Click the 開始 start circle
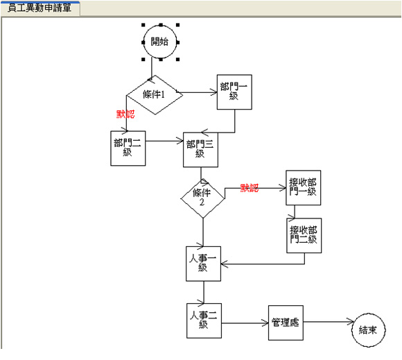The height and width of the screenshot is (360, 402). tap(160, 42)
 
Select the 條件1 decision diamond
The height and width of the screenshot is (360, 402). tap(155, 95)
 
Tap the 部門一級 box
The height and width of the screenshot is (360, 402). tap(234, 92)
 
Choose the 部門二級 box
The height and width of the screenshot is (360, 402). tap(128, 148)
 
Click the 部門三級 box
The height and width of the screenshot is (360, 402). tap(200, 150)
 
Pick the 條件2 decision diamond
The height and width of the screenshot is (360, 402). tap(202, 198)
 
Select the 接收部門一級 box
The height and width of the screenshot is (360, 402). tap(304, 187)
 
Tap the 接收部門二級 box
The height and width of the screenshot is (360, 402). tap(304, 236)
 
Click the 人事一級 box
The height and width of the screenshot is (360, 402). tap(203, 264)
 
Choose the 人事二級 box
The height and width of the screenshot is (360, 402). tap(204, 320)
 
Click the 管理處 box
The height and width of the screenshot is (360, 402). tap(286, 323)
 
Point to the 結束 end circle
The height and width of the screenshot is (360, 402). tap(369, 330)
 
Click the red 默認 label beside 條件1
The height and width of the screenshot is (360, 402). tap(125, 114)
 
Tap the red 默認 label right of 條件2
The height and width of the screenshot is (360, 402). tap(250, 188)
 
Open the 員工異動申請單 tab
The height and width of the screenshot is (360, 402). tap(40, 8)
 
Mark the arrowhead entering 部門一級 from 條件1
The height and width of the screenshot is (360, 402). tap(214, 92)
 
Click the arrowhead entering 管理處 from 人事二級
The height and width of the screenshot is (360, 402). tap(265, 323)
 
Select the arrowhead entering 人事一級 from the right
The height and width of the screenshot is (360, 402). tap(224, 264)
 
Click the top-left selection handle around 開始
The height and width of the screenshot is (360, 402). tap(143, 25)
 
